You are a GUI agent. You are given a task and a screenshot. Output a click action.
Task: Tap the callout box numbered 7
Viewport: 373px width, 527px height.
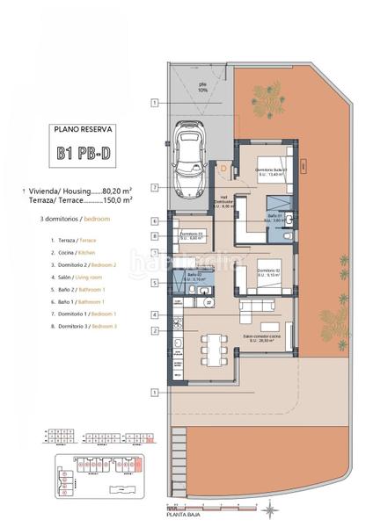pyautogui.click(x=154, y=187)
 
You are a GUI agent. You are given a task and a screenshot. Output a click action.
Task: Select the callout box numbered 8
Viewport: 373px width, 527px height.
pyautogui.click(x=154, y=235)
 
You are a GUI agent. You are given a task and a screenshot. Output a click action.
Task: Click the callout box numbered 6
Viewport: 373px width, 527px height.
pyautogui.click(x=154, y=221)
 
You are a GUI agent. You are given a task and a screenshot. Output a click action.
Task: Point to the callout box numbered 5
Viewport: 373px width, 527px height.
pyautogui.click(x=154, y=283)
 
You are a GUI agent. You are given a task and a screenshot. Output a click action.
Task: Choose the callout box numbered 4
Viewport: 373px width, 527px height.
pyautogui.click(x=154, y=314)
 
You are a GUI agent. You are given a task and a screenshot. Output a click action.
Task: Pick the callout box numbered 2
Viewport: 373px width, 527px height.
pyautogui.click(x=154, y=330)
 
